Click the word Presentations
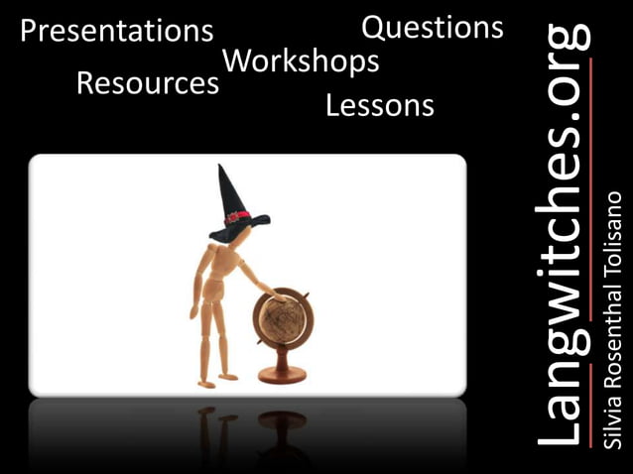116,32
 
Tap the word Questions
432,28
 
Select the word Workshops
301,60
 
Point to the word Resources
148,83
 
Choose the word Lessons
380,105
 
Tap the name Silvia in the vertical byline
612,425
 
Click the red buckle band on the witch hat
237,216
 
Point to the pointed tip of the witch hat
223,169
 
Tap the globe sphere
282,322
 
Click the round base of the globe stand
282,378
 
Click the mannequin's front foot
228,377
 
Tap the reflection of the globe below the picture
282,420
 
